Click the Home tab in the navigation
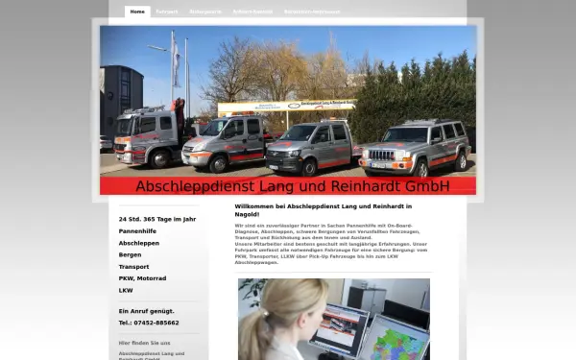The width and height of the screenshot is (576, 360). (x=137, y=12)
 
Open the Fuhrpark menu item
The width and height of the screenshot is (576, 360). (x=167, y=12)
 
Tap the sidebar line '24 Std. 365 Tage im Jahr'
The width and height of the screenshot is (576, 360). (x=156, y=220)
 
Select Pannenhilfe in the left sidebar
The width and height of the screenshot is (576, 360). (x=138, y=231)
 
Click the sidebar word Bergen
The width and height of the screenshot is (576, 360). (x=130, y=254)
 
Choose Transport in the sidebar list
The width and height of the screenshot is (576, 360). (x=133, y=266)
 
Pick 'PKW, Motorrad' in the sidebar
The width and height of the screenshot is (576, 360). (x=142, y=277)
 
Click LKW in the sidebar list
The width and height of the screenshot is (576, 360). (x=126, y=289)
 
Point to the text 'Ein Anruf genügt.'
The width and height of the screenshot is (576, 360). (x=146, y=311)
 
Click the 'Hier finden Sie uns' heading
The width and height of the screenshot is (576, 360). (x=144, y=342)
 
